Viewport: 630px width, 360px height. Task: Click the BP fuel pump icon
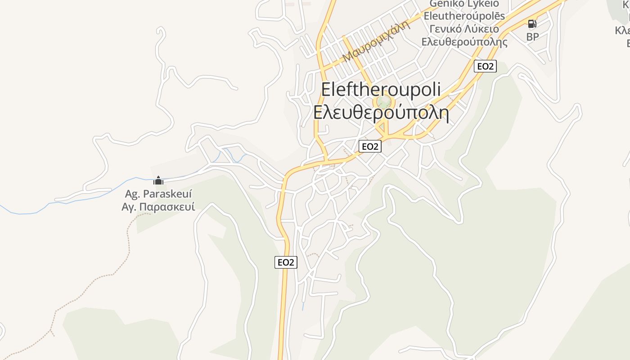tap(532, 24)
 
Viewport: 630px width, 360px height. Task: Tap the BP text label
tap(532, 37)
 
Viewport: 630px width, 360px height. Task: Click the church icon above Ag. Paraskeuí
tap(158, 181)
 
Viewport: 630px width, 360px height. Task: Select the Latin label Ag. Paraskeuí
tap(158, 194)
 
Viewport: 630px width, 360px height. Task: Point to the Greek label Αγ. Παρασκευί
tap(158, 207)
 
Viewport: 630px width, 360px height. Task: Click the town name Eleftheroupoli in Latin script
tap(381, 89)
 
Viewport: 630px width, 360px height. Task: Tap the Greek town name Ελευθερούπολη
tap(381, 112)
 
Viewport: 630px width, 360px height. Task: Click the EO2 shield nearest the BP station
tap(485, 66)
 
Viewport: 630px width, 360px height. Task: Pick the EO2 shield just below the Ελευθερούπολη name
tap(370, 146)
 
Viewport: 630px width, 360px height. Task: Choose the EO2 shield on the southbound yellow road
tap(286, 262)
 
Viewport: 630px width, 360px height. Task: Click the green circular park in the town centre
tap(384, 102)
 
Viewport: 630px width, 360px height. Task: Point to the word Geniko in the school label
tap(446, 4)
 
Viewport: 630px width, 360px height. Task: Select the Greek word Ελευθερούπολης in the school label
tap(464, 42)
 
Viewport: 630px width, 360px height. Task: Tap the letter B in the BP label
tap(529, 37)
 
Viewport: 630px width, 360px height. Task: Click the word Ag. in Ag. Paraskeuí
tap(132, 194)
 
